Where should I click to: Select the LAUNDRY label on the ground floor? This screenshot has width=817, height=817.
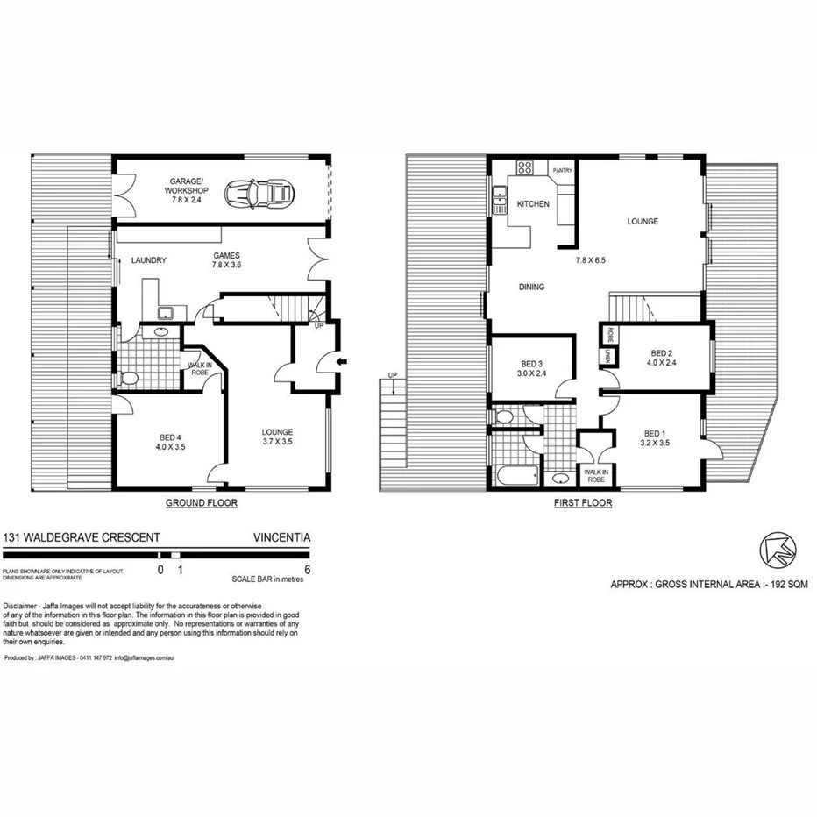tap(149, 260)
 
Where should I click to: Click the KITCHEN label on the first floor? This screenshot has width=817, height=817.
tap(533, 204)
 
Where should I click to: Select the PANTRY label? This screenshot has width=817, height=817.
tap(562, 170)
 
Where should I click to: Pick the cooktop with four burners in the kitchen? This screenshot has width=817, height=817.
tap(527, 167)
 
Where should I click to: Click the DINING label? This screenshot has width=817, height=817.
tap(531, 287)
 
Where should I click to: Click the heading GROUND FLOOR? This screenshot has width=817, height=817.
tap(202, 503)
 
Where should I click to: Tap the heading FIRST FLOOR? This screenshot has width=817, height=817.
tap(583, 503)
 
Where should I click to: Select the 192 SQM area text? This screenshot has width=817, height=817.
tap(787, 582)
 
